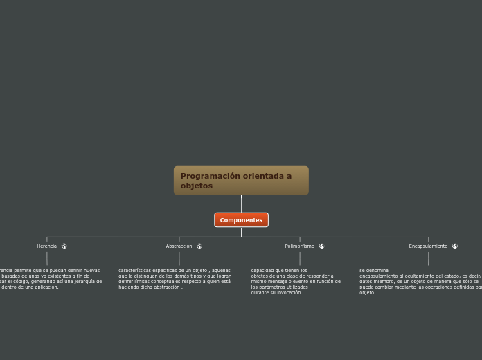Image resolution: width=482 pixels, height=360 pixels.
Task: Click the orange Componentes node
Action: coord(241,220)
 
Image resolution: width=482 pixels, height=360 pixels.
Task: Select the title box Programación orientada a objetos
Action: coord(241,181)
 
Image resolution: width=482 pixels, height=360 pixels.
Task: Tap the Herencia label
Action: coord(47,246)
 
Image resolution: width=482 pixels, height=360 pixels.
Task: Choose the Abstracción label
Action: coord(179,246)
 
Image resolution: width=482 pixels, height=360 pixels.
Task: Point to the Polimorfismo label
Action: coord(299,246)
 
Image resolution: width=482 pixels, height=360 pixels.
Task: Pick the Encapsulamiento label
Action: coord(428,246)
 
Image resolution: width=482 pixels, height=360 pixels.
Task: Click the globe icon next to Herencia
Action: coord(64,246)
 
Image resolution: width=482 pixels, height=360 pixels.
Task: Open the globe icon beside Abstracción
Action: coord(199,246)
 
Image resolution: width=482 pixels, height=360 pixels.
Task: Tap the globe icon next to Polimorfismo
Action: coord(321,246)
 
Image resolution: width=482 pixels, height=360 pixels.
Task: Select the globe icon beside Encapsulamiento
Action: coord(455,246)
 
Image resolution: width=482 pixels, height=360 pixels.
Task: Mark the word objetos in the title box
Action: coord(196,186)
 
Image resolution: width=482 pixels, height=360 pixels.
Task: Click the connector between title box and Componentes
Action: coord(241,204)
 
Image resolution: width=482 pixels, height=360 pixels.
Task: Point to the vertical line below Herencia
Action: coord(47,258)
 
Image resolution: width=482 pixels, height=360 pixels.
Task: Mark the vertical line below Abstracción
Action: coord(179,258)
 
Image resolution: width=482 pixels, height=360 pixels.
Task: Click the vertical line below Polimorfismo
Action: coord(299,258)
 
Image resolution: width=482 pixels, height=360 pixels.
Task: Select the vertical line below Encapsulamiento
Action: coord(428,258)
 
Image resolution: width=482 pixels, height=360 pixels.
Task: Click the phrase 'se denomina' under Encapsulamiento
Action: coord(374,270)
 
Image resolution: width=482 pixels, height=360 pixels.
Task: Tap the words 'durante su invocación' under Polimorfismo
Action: coord(276,293)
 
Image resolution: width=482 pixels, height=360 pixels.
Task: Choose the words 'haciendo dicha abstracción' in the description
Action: coord(150,287)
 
